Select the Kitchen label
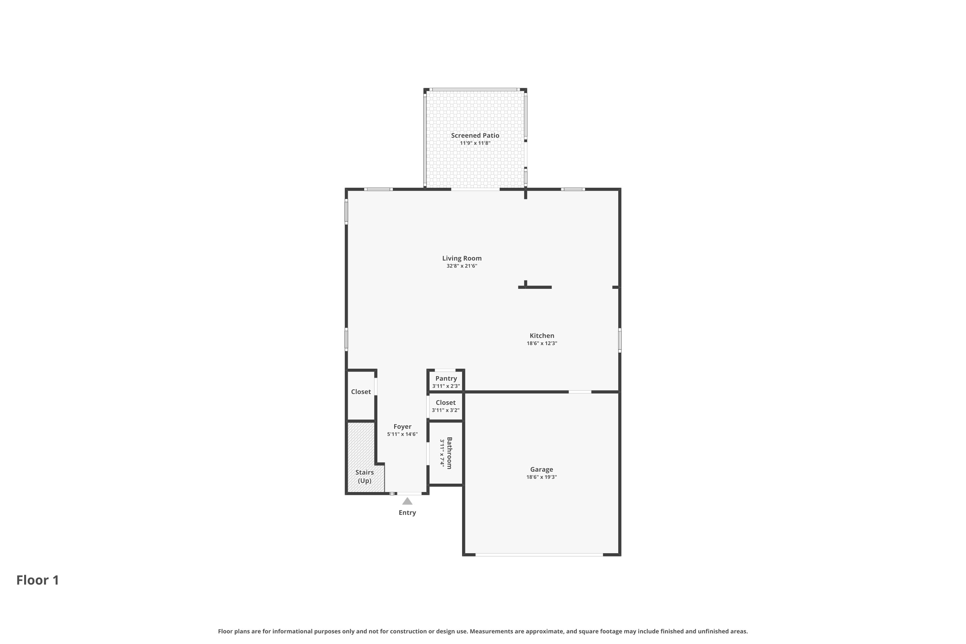pos(542,336)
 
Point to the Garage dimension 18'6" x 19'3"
pos(541,477)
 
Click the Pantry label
pos(446,378)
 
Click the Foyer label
pos(402,426)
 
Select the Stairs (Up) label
pos(364,477)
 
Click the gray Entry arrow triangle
pos(407,501)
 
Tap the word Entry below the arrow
pos(407,513)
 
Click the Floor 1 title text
pos(38,580)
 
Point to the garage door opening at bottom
pos(539,554)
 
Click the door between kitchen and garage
pos(580,392)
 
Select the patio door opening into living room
pos(475,189)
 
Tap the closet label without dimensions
pos(361,392)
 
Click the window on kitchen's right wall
pos(619,340)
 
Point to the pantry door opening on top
pos(445,370)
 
